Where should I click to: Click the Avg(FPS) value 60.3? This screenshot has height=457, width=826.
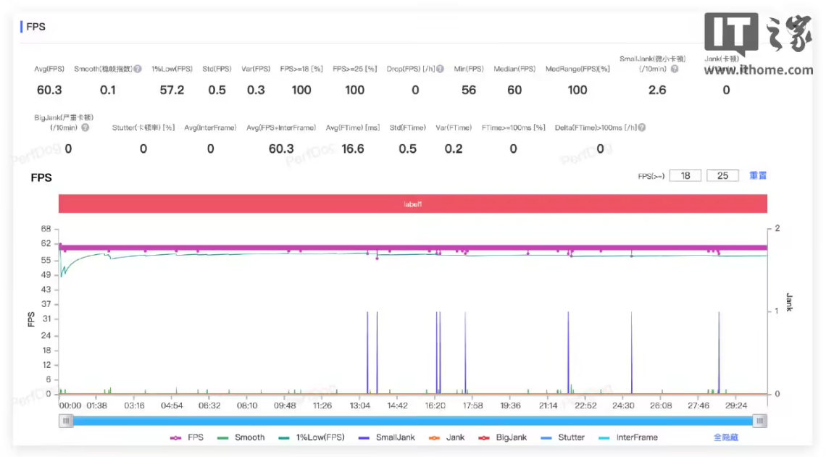[49, 90]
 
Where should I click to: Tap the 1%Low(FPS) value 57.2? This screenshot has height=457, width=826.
[172, 90]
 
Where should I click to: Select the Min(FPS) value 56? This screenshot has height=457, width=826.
[469, 90]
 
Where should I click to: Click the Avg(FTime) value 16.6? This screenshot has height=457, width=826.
[352, 148]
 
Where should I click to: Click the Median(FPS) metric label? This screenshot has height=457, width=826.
[514, 69]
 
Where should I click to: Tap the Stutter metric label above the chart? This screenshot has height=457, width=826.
[143, 128]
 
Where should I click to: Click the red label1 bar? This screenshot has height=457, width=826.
[412, 204]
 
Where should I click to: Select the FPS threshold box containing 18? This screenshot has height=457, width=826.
[685, 175]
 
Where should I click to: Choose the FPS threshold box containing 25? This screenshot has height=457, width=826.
[722, 175]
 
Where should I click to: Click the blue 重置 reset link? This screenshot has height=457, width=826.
[758, 175]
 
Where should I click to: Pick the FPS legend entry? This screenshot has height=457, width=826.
[188, 437]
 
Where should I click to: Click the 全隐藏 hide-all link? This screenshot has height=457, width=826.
[725, 437]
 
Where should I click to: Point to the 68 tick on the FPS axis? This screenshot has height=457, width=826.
[46, 229]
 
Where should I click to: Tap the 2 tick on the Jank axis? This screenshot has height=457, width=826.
[777, 229]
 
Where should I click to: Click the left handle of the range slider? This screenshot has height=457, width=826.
[67, 421]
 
